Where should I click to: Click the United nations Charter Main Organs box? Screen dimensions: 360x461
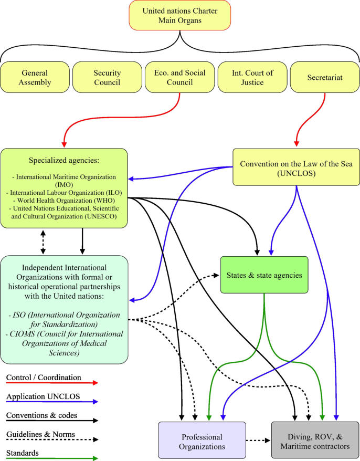[180, 15]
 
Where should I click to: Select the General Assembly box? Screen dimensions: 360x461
[35, 77]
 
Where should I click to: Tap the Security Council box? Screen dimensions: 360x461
[107, 77]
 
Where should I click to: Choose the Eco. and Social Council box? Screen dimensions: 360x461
[180, 77]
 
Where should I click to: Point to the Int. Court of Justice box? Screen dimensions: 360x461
[252, 77]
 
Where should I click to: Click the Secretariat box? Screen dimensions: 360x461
[325, 77]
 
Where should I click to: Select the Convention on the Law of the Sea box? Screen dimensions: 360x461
[296, 167]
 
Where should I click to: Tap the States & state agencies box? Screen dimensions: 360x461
[264, 275]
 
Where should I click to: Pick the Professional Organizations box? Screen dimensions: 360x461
[202, 441]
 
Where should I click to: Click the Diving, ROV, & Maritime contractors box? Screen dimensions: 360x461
[315, 440]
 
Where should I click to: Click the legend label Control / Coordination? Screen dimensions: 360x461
[44, 378]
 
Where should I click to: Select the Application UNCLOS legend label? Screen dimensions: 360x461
[43, 396]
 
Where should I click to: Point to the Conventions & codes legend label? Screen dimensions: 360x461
[41, 415]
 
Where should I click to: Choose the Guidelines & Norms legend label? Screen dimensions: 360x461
[40, 434]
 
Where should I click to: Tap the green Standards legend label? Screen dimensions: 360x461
[23, 453]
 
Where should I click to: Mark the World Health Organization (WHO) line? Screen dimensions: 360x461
[64, 201]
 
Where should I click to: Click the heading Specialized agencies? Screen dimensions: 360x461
[64, 160]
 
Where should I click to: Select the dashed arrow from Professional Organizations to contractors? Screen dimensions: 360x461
[258, 441]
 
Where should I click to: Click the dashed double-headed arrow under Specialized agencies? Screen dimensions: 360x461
[43, 242]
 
